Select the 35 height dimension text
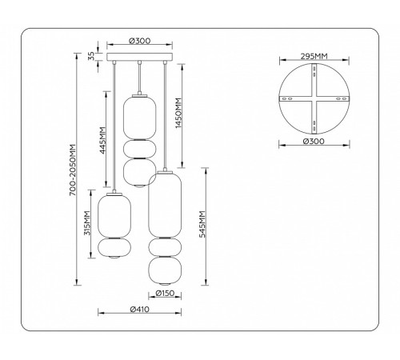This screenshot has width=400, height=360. [x=91, y=56]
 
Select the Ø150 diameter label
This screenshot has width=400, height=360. [x=166, y=294]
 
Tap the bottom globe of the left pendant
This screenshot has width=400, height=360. [x=112, y=250]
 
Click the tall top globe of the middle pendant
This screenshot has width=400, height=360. [x=140, y=116]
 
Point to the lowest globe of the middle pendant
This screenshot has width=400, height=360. [x=140, y=171]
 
